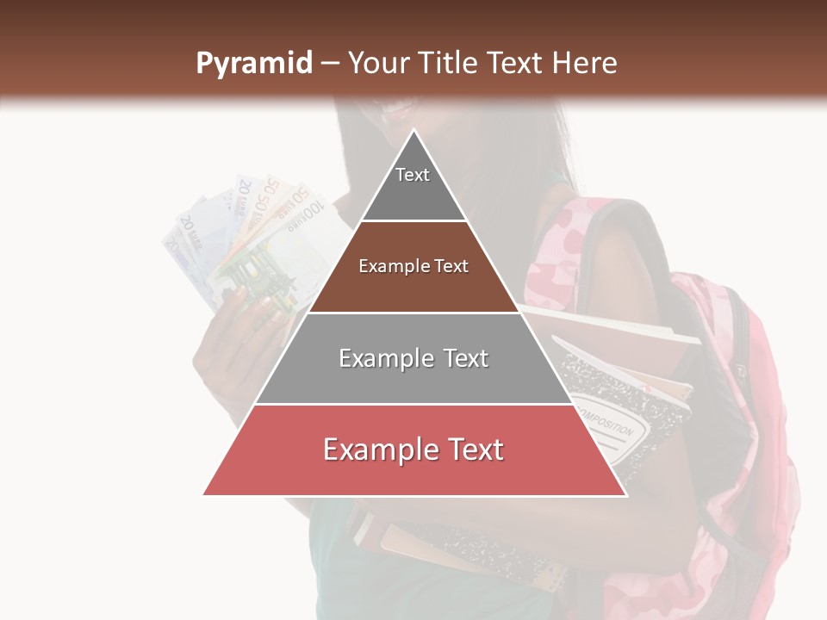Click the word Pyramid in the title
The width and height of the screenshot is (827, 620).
tap(253, 64)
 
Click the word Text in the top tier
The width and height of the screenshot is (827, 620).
tap(413, 175)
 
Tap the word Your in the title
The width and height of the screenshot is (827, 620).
tap(376, 64)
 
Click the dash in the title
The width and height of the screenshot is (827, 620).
tap(330, 64)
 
